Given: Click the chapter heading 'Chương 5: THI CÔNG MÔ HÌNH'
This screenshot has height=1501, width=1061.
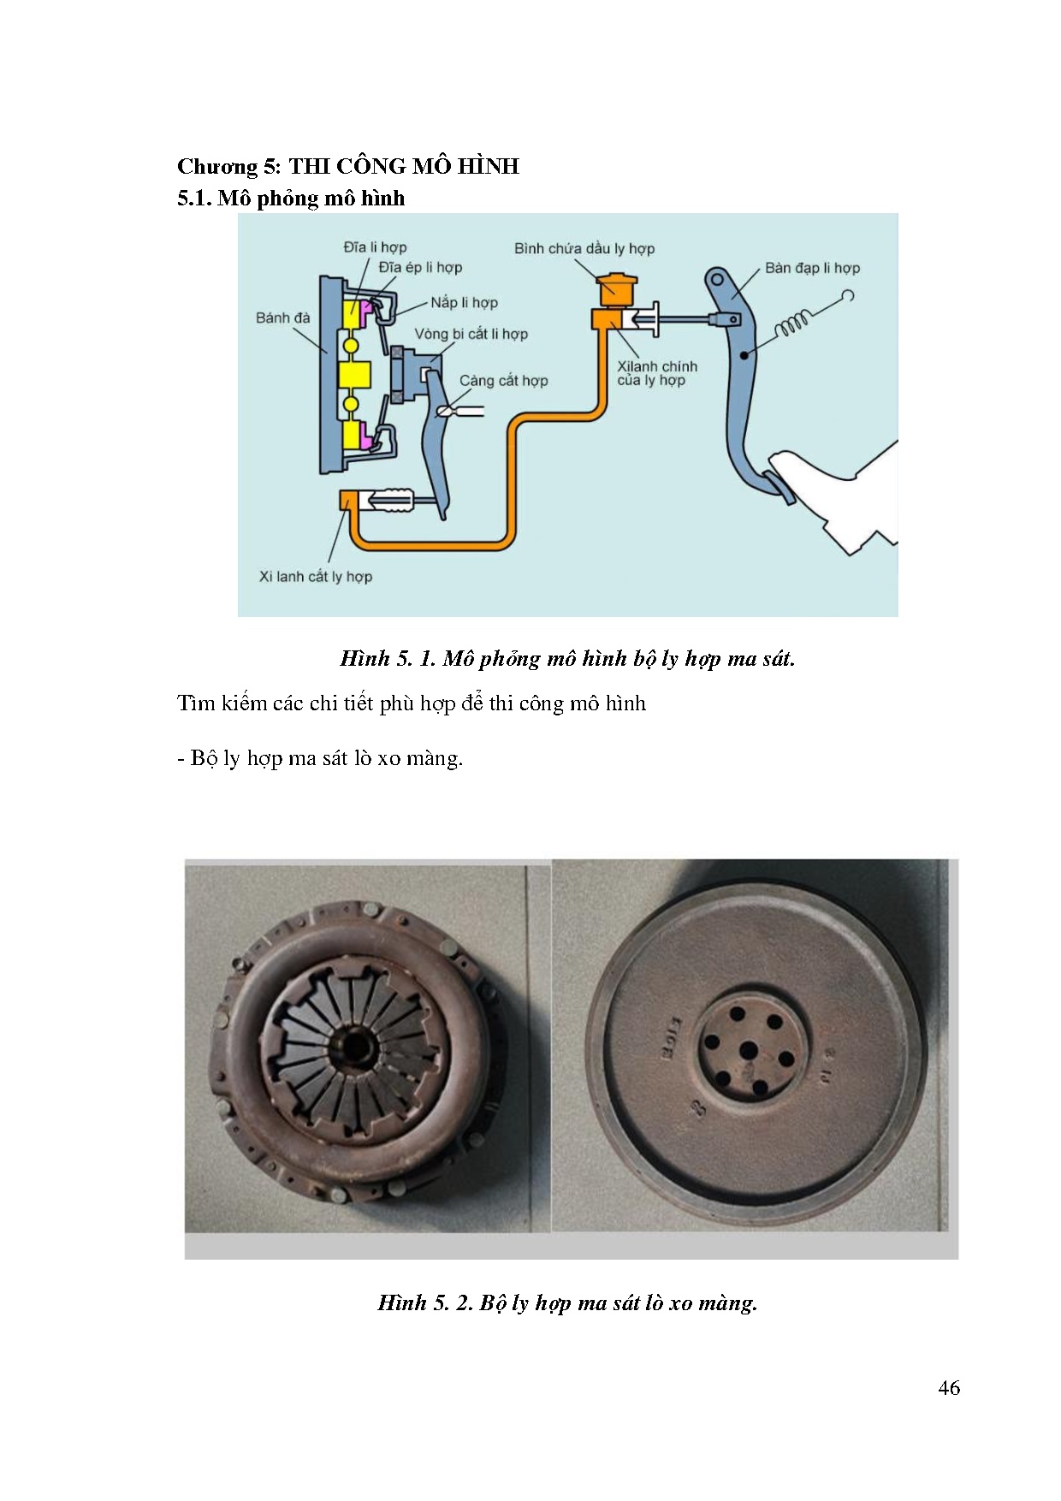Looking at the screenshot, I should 347,166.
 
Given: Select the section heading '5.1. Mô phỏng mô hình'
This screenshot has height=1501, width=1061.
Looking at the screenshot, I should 291,199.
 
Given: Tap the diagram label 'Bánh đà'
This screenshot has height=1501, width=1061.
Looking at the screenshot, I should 282,317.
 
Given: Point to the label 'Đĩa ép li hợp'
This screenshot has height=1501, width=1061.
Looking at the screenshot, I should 420,267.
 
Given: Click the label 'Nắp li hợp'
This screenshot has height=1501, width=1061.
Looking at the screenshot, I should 464,302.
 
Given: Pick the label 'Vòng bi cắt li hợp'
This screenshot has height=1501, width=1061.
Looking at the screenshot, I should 471,334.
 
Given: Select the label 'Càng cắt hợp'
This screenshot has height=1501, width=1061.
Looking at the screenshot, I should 503,381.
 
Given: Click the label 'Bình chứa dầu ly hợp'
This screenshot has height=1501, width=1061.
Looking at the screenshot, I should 584,249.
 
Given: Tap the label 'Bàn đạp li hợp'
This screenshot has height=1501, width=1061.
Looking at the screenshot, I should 811,268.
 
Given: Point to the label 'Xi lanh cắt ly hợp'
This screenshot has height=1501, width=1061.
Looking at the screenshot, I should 316,577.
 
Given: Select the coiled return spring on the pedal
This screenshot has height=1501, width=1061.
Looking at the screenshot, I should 795,324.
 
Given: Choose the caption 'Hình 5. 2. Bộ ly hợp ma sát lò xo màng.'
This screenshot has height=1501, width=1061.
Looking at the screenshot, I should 567,1302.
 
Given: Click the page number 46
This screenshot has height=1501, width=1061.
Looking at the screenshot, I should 948,1388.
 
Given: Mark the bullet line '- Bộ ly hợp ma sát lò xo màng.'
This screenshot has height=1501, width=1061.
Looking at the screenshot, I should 320,758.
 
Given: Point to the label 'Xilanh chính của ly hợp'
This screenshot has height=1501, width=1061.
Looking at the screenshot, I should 657,373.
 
